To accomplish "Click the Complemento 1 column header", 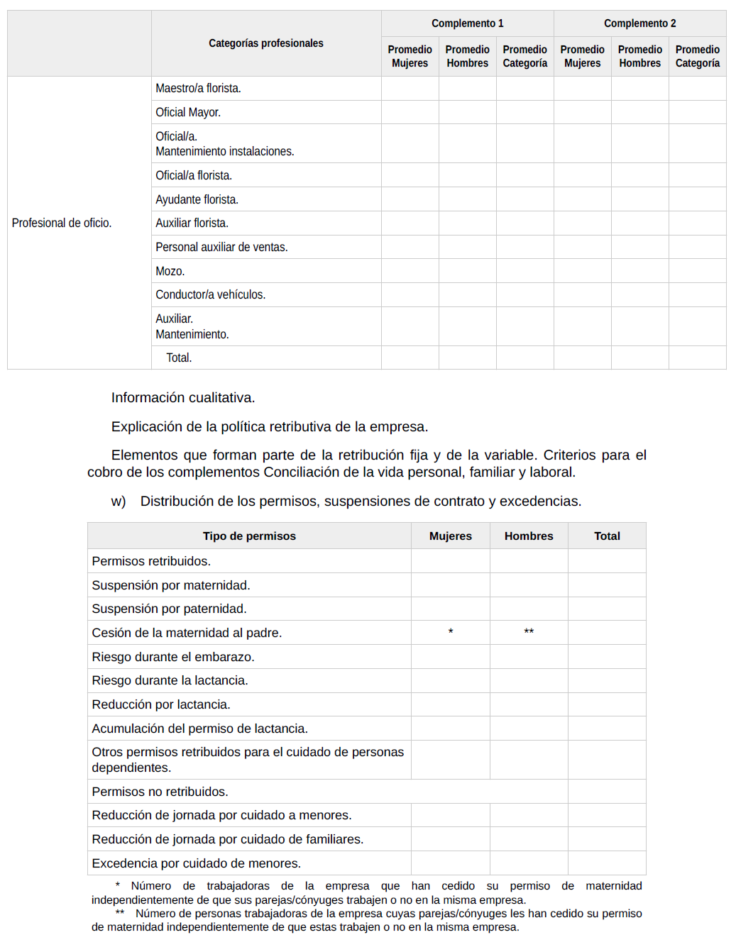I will pos(467,23).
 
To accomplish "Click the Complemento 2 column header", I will pos(639,23).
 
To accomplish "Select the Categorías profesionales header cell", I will pos(265,43).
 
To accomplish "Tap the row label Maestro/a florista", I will pos(198,88).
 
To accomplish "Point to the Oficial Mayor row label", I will pos(188,112).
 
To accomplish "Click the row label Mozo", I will pos(170,271).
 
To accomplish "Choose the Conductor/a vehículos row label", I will pos(210,294).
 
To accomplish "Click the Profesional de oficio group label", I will pos(62,223).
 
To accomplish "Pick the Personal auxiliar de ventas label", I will pos(221,247).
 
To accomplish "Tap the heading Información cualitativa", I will pos(182,397).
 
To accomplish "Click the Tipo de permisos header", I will pos(249,536).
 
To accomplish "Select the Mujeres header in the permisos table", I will pos(450,536).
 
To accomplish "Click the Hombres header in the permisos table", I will pos(529,536).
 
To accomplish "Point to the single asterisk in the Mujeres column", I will pos(451,631).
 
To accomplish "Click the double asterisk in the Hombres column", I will pos(529,631).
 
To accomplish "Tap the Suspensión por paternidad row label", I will pos(169,609).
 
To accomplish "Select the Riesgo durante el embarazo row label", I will pos(172,657).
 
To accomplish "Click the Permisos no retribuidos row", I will pos(160,792).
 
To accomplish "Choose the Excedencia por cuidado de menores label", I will pos(196,863).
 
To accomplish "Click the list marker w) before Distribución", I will pos(119,502).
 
